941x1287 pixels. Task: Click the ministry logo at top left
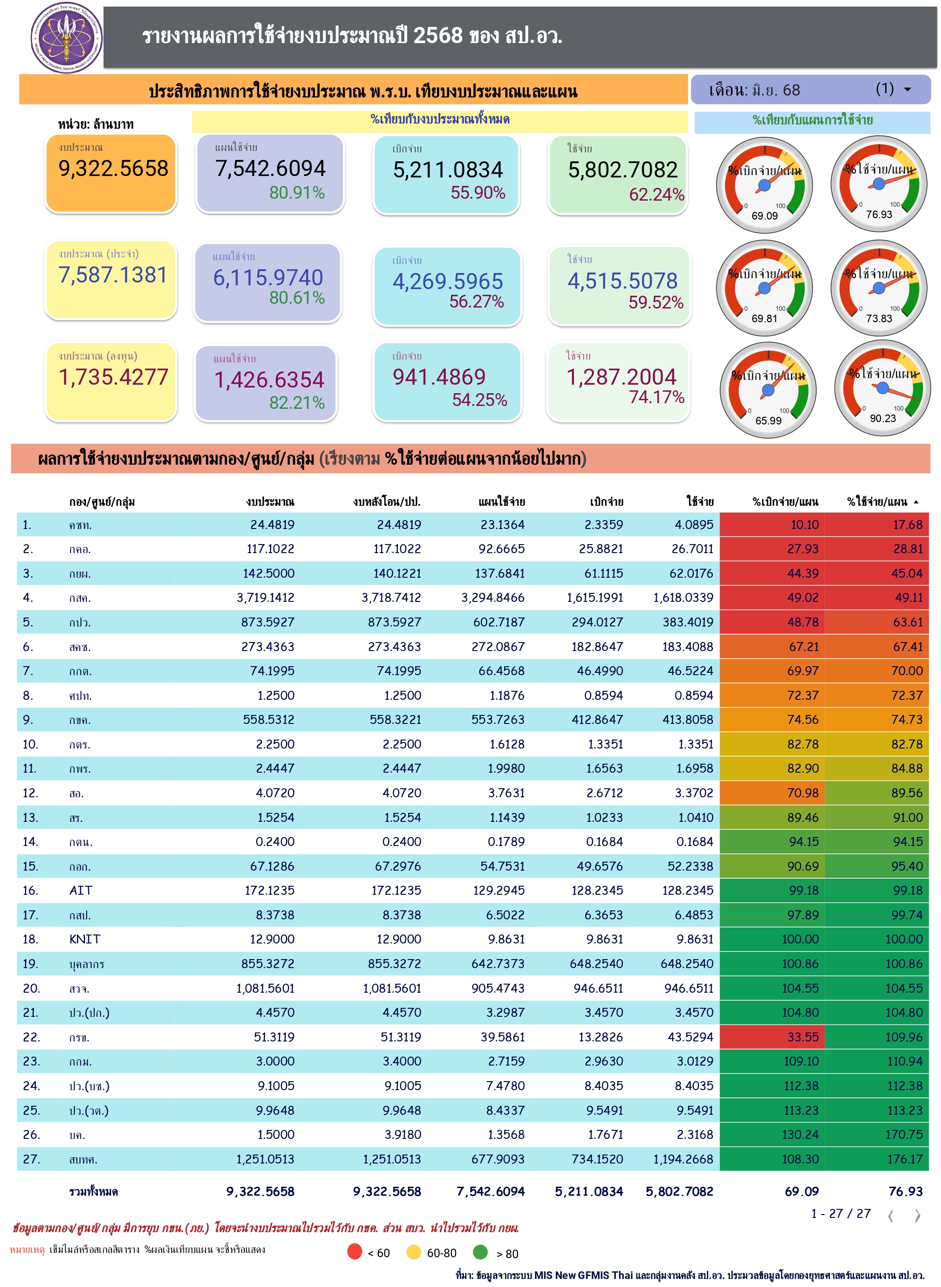coord(67,38)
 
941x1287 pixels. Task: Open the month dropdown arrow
coord(907,89)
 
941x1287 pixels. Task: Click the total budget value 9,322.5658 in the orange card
coord(113,169)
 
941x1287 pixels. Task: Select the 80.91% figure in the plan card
coord(297,193)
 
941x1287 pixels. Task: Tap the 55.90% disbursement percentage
coord(478,193)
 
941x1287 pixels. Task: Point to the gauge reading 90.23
coord(882,389)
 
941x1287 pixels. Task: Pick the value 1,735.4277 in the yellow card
coord(113,377)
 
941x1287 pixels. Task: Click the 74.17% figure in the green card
coord(656,397)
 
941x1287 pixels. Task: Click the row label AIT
coord(81,890)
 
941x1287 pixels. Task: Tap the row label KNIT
coord(85,939)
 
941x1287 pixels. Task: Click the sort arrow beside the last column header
coord(916,502)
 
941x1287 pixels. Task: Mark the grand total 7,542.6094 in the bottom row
coord(490,1191)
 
